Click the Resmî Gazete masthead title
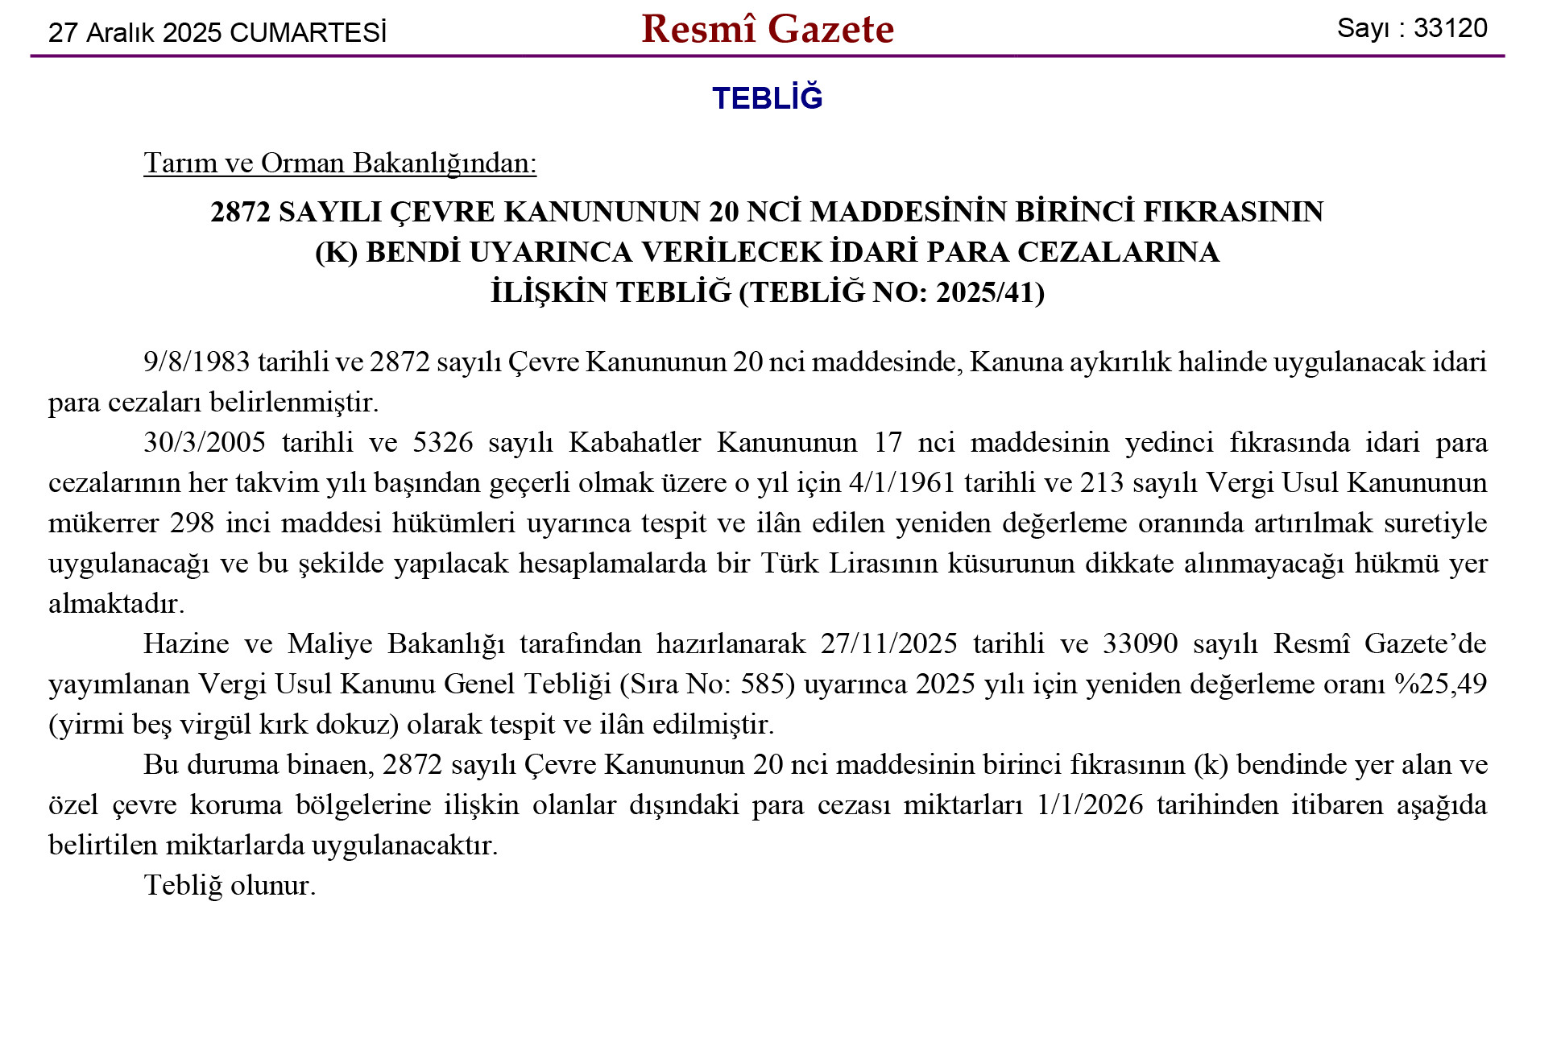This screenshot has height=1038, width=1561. click(767, 30)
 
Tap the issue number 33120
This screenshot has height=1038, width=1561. click(1450, 28)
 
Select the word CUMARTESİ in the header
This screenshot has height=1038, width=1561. click(308, 33)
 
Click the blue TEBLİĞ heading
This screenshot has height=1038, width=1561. click(767, 98)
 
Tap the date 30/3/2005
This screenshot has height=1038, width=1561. click(205, 442)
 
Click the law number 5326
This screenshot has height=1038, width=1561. click(443, 442)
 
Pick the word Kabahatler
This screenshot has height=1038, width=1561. click(635, 442)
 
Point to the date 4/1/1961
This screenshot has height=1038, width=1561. click(902, 482)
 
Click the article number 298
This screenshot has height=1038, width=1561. click(192, 523)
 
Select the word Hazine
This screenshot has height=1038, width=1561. click(186, 643)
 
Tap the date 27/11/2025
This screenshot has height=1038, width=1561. click(889, 643)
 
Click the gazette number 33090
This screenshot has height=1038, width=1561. click(1140, 643)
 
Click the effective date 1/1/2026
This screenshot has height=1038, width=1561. click(1090, 804)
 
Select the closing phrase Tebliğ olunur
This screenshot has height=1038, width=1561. click(230, 885)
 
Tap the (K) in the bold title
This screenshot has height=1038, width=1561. click(336, 252)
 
